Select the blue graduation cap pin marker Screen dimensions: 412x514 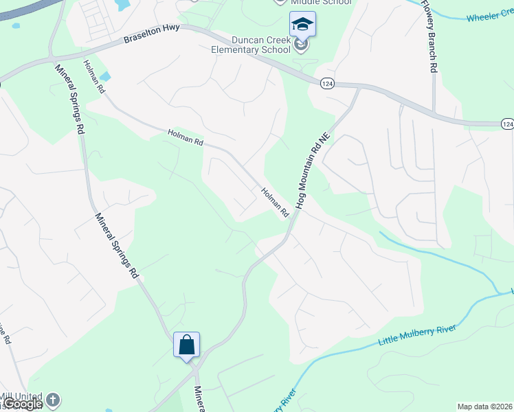click(302, 25)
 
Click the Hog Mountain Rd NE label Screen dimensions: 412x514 click(313, 170)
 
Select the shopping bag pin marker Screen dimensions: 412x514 click(187, 345)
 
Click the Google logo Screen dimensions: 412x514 click(23, 404)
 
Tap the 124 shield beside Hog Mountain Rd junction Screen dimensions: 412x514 click(327, 82)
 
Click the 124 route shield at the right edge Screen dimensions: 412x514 click(507, 124)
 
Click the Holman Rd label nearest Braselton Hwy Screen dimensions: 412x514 click(93, 76)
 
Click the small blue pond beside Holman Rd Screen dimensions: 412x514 click(105, 76)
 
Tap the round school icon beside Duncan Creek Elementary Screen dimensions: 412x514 click(301, 45)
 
